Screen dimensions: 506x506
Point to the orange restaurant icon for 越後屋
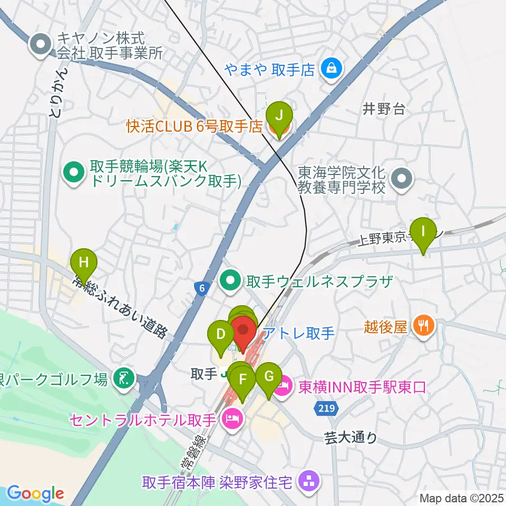click(x=423, y=327)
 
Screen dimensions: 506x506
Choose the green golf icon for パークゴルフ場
click(x=124, y=378)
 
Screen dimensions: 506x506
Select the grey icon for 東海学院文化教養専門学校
click(x=402, y=179)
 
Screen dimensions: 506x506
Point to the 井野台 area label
click(x=384, y=109)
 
